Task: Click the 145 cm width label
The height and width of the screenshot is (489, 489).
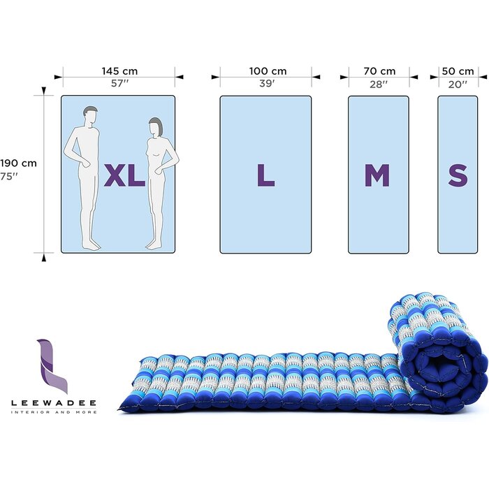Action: (x=119, y=71)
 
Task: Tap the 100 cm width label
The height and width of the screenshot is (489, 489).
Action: (x=268, y=71)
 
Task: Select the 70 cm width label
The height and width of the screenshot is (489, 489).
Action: (x=379, y=71)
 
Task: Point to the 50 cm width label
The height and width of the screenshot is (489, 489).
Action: (x=458, y=71)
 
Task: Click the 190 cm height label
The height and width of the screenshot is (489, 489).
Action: (x=18, y=163)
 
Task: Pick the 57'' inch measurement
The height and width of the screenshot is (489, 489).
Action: (x=119, y=83)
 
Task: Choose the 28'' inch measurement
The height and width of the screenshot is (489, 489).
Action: (x=379, y=84)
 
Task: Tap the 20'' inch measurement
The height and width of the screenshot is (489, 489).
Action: (x=458, y=84)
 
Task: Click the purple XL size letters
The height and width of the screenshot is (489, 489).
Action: (x=124, y=175)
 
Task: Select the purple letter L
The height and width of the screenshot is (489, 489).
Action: (x=265, y=175)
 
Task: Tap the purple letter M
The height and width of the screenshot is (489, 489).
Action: (x=377, y=175)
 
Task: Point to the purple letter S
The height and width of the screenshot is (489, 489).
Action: (x=458, y=175)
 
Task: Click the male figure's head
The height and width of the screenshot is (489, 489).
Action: (x=91, y=115)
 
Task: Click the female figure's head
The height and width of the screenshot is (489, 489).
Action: (x=156, y=127)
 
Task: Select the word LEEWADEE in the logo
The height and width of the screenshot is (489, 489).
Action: (x=54, y=403)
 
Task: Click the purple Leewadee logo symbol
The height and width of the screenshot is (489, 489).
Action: (x=52, y=366)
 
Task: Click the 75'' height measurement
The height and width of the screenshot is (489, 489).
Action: (x=8, y=176)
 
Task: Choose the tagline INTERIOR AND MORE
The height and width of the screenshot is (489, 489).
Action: (x=54, y=412)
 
